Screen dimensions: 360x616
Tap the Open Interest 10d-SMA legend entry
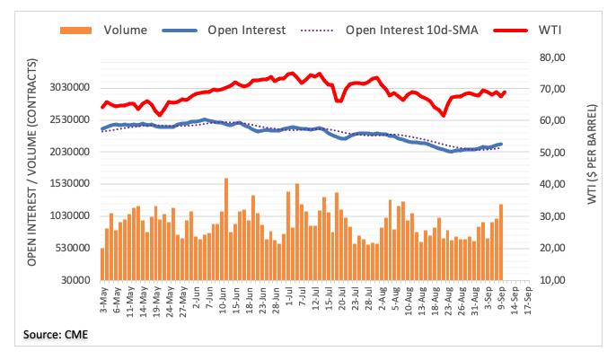404,29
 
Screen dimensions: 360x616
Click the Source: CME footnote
57,336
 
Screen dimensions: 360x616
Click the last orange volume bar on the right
501,241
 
